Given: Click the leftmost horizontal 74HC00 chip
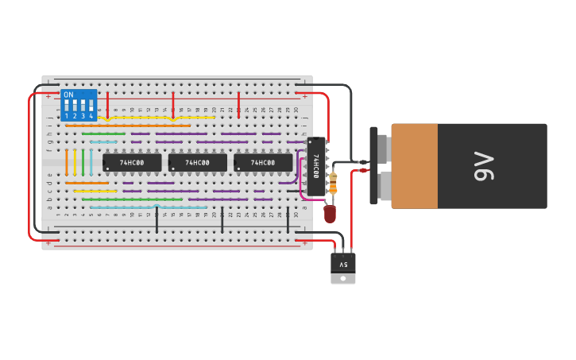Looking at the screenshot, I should point(132,163).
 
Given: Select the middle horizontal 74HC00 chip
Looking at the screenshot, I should point(197,163).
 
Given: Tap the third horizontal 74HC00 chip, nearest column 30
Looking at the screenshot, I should point(263,163).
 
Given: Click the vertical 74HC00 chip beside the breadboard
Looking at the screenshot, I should point(316,166).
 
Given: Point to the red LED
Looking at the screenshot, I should point(330,213).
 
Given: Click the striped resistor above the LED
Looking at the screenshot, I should point(333,184).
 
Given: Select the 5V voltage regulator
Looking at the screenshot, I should point(343,265).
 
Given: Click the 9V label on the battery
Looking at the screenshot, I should point(483,166).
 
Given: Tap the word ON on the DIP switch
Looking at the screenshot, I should point(68,95).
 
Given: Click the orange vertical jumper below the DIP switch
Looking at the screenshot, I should point(67,162).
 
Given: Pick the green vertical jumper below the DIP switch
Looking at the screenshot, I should point(83,162).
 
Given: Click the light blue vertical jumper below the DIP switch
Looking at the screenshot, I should point(91,162).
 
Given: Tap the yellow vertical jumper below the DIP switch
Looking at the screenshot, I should point(75,162).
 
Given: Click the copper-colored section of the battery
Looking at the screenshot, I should point(414,166).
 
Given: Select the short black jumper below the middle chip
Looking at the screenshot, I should point(222,222).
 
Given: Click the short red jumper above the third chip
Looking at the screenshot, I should point(238,105).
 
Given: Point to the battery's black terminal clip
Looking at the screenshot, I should point(373,165).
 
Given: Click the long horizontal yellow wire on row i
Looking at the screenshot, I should point(159,118).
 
